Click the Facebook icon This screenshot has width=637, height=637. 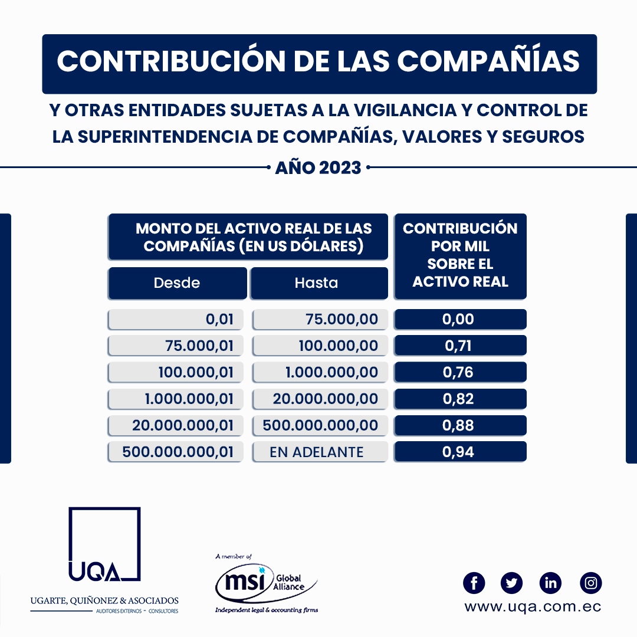pos(474,583)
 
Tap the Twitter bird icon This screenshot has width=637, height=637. pos(511,583)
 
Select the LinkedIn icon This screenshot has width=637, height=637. pos(550,583)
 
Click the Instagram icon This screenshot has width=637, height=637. pos(590,583)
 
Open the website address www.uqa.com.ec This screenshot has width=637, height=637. pos(533,606)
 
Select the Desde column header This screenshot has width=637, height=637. pos(177,283)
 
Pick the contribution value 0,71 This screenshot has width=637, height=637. pos(460,346)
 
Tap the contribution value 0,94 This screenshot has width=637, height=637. pos(460,452)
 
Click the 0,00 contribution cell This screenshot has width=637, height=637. pos(460,319)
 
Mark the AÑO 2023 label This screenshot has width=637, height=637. pos(318,168)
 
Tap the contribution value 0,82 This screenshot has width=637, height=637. pos(460,399)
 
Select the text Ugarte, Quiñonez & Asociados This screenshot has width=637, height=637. pos(104,600)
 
